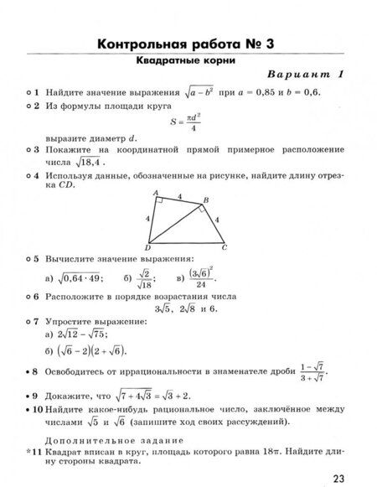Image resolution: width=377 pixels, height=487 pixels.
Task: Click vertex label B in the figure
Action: [206, 199]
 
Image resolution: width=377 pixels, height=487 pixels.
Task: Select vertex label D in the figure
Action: [147, 249]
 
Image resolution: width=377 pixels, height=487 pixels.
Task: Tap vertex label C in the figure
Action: [224, 249]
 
